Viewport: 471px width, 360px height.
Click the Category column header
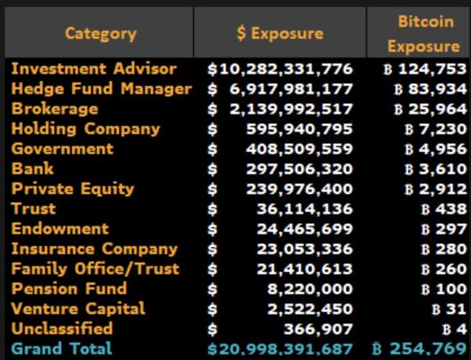(x=100, y=33)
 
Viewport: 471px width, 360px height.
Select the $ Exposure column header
(x=279, y=33)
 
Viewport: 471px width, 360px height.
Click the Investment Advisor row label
(x=94, y=69)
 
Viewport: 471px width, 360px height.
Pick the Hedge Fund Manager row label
(x=101, y=88)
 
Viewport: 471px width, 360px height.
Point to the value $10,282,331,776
(x=280, y=69)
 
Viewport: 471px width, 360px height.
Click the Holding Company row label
(x=85, y=128)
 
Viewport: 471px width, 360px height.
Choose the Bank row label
(x=33, y=168)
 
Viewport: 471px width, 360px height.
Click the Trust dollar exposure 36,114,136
(x=304, y=209)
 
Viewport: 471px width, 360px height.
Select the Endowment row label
(x=60, y=229)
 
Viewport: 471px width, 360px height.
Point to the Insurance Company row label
(x=95, y=249)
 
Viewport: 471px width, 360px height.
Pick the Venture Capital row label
(x=78, y=308)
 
